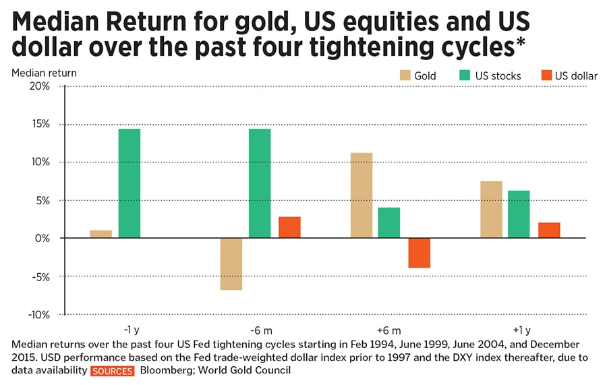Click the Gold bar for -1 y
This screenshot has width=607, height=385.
[100, 234]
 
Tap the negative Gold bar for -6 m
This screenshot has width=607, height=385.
[231, 264]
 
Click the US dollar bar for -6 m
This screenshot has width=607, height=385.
[289, 227]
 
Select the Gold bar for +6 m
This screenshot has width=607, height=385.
[362, 196]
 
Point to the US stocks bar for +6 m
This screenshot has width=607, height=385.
[389, 223]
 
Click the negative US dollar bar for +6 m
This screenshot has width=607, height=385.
[419, 253]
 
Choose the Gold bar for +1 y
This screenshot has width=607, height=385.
[491, 210]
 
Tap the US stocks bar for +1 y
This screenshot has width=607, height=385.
[519, 214]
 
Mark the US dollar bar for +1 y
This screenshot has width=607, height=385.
[549, 230]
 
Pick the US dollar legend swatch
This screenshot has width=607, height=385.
[546, 76]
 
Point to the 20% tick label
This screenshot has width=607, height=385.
[38, 86]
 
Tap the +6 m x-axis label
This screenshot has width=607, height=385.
[389, 330]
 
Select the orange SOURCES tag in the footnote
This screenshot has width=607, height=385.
[113, 372]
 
